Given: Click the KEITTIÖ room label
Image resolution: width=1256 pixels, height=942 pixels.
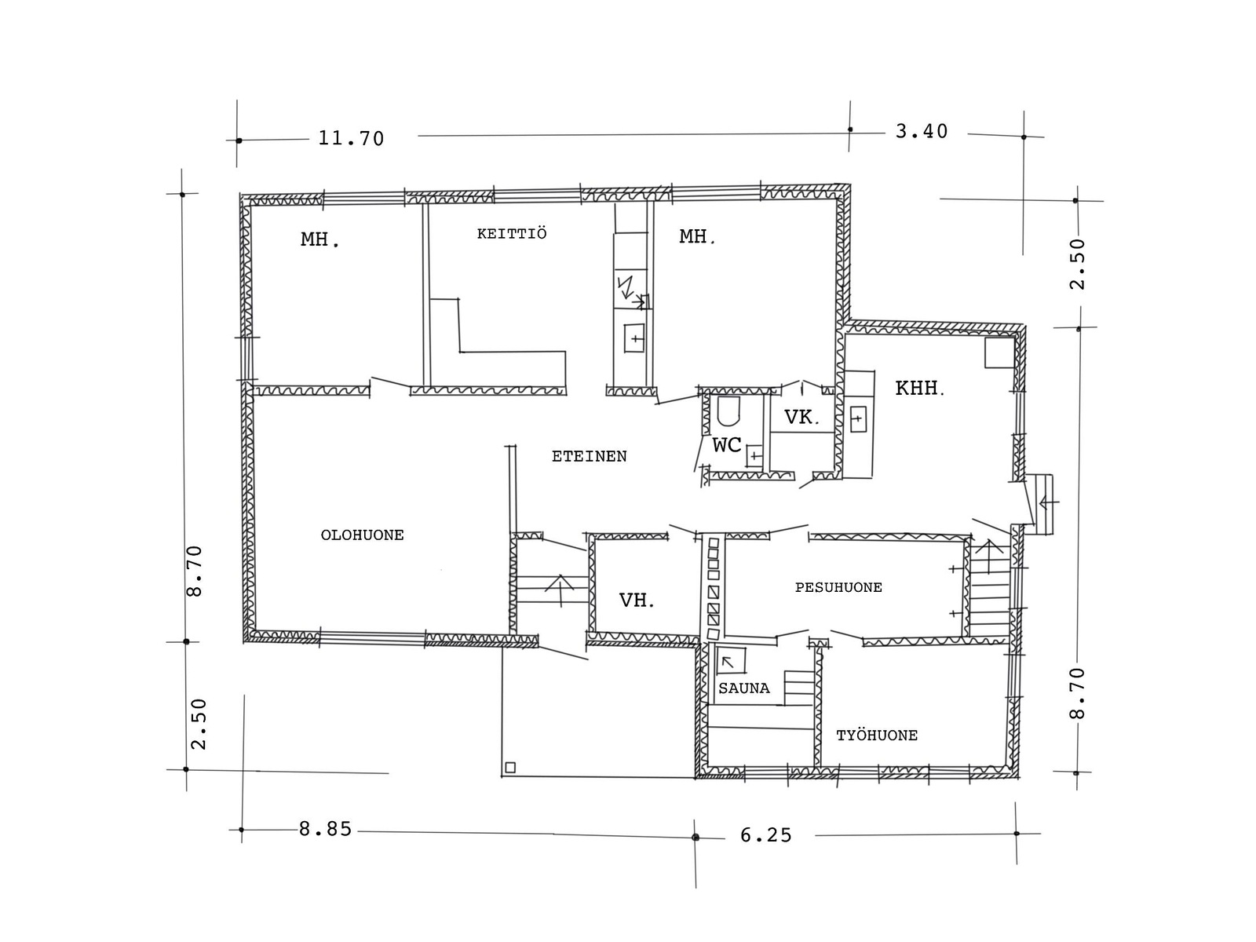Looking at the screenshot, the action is click(x=512, y=233).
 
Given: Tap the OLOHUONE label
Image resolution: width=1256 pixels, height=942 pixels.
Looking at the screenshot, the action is click(x=362, y=535).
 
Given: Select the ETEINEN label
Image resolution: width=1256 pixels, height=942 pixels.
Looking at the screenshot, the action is click(x=590, y=456).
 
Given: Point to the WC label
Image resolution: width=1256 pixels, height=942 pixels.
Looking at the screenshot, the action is click(x=727, y=445).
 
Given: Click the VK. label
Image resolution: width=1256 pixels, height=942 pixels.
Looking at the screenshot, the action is click(x=801, y=417).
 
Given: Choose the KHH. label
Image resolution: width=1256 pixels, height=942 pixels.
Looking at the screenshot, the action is click(x=919, y=388).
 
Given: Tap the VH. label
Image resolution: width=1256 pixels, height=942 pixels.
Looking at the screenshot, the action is click(x=637, y=600).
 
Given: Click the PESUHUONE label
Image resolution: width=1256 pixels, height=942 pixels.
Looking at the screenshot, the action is click(x=838, y=587).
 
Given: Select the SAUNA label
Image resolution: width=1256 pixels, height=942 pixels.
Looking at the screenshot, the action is click(x=744, y=688).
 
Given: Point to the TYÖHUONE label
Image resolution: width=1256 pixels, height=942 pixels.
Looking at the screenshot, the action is click(x=877, y=735).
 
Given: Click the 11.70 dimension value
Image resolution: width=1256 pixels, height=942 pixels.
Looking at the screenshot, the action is click(x=351, y=138).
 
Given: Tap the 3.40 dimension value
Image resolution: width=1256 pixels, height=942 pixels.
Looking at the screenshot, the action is click(x=922, y=132).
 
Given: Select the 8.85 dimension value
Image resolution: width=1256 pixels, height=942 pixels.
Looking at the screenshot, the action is click(x=325, y=829).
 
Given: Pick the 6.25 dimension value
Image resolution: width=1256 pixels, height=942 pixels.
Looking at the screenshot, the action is click(x=765, y=835).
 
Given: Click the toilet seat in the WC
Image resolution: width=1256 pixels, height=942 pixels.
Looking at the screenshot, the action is click(x=728, y=411).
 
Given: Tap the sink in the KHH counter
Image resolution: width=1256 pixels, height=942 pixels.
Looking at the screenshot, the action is click(x=857, y=418).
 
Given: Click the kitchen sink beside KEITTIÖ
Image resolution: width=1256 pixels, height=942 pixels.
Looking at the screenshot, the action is click(x=634, y=339).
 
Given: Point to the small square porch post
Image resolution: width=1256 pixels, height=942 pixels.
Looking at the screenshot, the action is click(x=509, y=768).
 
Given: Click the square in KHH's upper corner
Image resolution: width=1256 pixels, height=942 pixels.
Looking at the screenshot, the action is click(x=999, y=352).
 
